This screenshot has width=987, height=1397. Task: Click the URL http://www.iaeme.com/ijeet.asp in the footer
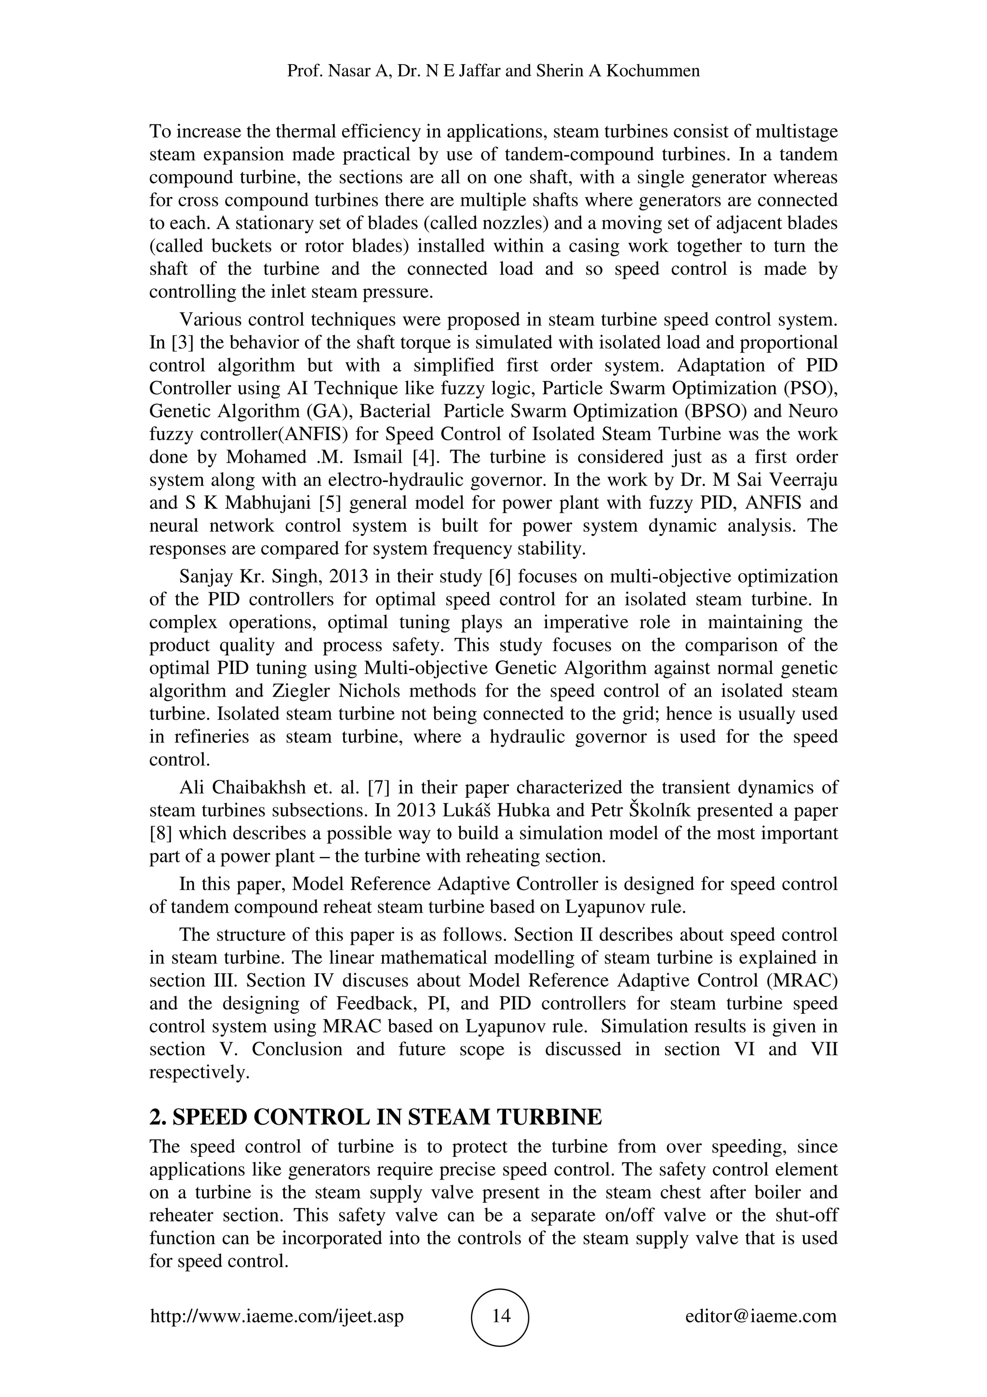pyautogui.click(x=277, y=1316)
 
